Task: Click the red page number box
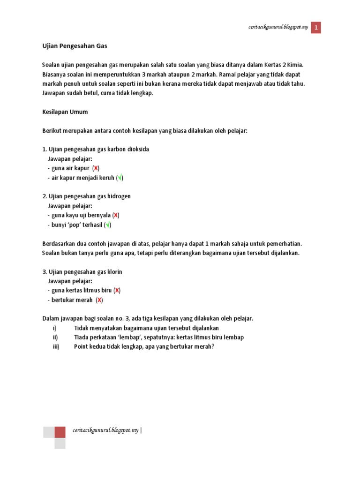[316, 28]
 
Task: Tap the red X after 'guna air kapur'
[96, 168]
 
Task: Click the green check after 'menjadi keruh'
[120, 178]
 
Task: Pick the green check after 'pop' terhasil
[108, 225]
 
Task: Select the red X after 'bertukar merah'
[99, 300]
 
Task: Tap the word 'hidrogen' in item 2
[119, 196]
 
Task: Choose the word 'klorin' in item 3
[115, 272]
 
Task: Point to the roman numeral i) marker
[54, 328]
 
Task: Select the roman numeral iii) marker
[56, 346]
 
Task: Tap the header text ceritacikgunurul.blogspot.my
[278, 28]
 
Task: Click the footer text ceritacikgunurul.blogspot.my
[105, 430]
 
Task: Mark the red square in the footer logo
[60, 432]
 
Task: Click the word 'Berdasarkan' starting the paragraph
[60, 243]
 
